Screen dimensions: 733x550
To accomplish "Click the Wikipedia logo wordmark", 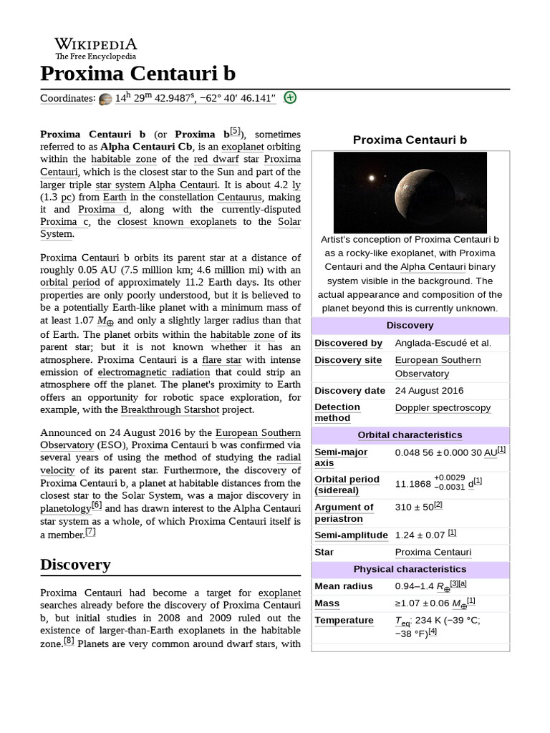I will pyautogui.click(x=95, y=44).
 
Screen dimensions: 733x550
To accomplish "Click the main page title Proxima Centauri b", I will pyautogui.click(x=137, y=74).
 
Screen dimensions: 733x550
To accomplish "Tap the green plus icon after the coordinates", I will pyautogui.click(x=289, y=98).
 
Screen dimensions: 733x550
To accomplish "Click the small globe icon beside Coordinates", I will pyautogui.click(x=105, y=99).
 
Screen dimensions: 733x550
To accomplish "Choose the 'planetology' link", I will pyautogui.click(x=65, y=508).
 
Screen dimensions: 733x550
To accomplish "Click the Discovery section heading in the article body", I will pyautogui.click(x=75, y=565).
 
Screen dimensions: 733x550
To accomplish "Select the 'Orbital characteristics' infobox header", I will pyautogui.click(x=410, y=435).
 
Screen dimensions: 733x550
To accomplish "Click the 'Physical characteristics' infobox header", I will pyautogui.click(x=410, y=569).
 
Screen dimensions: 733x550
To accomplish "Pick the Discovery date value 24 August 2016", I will pyautogui.click(x=429, y=391).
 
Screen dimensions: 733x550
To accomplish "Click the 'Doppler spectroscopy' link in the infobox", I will pyautogui.click(x=443, y=408).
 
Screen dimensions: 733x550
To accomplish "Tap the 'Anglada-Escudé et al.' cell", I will pyautogui.click(x=443, y=344).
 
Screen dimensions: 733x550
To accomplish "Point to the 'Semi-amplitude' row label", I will pyautogui.click(x=351, y=535).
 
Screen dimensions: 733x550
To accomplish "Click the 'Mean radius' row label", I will pyautogui.click(x=344, y=586).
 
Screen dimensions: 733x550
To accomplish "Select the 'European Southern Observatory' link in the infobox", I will pyautogui.click(x=438, y=366).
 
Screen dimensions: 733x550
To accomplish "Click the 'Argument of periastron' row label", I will pyautogui.click(x=344, y=513).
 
